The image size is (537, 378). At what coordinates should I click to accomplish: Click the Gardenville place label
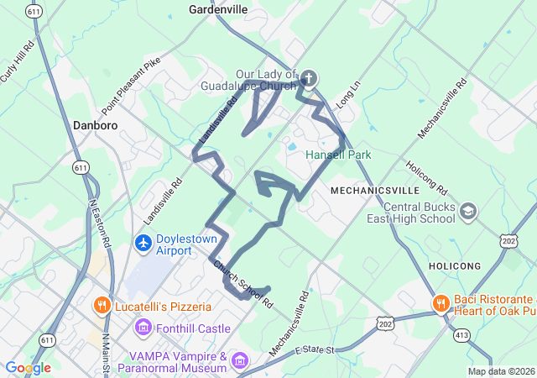(217, 9)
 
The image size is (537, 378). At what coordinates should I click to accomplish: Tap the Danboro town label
(96, 124)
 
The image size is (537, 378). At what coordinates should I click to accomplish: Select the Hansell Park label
(338, 155)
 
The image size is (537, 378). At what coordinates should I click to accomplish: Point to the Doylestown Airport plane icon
(143, 244)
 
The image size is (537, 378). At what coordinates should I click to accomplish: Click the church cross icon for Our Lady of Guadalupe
(308, 80)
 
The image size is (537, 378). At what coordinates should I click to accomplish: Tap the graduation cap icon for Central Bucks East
(468, 212)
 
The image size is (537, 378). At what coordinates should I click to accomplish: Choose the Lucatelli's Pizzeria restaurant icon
(102, 304)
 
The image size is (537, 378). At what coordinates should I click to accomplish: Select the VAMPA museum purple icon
(241, 361)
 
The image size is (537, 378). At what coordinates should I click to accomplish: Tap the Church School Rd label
(242, 284)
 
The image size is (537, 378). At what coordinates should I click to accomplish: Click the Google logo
(28, 368)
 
